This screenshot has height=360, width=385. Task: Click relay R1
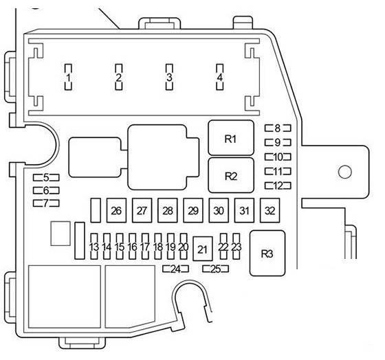pos(231,137)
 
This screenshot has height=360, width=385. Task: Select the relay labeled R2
pos(231,175)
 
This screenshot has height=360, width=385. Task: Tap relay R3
pos(267,254)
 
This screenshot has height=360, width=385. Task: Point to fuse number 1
pos(68,78)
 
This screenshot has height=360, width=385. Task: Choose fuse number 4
pos(220,78)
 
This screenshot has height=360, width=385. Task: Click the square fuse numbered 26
pos(116,210)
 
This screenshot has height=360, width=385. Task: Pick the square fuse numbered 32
pos(269,210)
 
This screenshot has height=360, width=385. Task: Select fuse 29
pos(193,210)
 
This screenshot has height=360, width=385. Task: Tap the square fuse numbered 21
pos(203,249)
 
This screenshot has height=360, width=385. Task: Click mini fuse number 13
pos(94,247)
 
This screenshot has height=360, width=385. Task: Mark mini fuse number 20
pos(184,247)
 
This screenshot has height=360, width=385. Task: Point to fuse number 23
pos(236,247)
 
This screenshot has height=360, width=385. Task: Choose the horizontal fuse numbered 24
pos(176,269)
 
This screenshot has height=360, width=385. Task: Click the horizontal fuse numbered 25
pos(216,269)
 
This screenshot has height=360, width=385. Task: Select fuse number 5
pos(46,177)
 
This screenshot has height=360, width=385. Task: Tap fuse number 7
pos(46,203)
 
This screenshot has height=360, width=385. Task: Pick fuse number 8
pos(278,128)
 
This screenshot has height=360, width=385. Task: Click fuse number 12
pos(278,185)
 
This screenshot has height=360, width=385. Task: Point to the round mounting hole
pos(345,172)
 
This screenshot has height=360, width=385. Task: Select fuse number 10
pos(278,157)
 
